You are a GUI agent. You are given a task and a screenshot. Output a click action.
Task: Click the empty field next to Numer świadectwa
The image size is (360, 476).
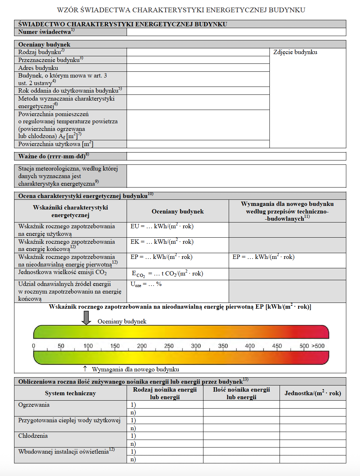[x=236, y=32]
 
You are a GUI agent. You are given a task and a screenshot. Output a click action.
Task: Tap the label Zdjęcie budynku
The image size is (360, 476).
[x=295, y=52]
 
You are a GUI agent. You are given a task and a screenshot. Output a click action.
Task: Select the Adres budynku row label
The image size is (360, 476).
[x=38, y=68]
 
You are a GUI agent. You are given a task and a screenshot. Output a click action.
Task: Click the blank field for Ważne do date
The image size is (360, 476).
[x=236, y=156]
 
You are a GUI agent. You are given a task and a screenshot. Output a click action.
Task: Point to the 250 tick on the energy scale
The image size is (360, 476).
[x=169, y=346]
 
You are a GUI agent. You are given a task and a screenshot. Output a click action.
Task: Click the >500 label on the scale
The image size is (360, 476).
[x=318, y=346]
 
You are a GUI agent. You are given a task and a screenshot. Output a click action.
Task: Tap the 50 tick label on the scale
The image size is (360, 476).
[x=61, y=346]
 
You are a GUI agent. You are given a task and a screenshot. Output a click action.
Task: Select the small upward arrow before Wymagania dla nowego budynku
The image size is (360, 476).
[x=85, y=369]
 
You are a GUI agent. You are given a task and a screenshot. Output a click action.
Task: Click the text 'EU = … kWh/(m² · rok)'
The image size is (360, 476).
[x=162, y=226]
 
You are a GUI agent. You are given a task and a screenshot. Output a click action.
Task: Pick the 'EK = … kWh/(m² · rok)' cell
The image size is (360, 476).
[x=162, y=242]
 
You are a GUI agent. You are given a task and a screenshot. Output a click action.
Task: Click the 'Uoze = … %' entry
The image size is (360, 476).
[x=146, y=285]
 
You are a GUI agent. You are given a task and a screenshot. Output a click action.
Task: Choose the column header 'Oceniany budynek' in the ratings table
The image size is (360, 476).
[x=177, y=212]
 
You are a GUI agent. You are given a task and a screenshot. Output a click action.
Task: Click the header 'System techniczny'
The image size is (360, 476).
[x=70, y=393]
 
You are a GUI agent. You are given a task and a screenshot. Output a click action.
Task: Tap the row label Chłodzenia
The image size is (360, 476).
[x=33, y=436]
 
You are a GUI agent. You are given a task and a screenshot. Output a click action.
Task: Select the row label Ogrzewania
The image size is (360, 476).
[x=34, y=405]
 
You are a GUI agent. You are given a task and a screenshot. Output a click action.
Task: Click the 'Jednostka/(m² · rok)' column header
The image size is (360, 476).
[x=312, y=393]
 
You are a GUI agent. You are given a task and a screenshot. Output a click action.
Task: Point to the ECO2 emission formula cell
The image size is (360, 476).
[x=167, y=274]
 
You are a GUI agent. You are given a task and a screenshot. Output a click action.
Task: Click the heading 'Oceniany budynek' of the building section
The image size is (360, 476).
[x=44, y=44]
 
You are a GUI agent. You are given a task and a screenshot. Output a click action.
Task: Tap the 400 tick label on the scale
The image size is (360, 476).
[x=250, y=346]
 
